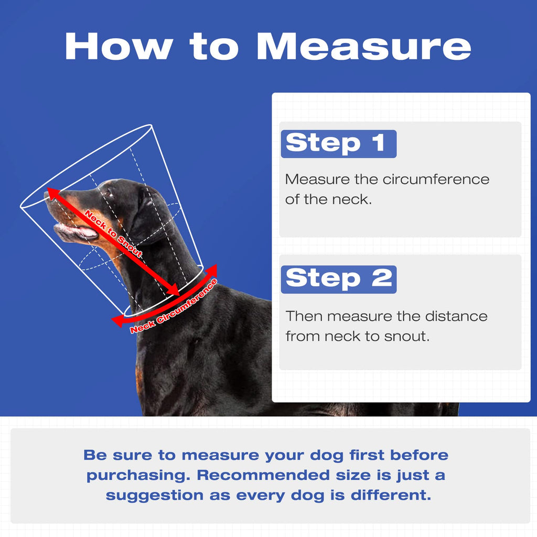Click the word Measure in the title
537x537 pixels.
point(364,47)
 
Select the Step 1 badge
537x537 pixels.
point(338,144)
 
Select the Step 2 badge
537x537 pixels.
point(338,279)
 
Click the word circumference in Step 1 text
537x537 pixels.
point(436,179)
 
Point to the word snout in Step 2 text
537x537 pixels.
point(406,336)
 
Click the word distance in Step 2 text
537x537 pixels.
point(456,316)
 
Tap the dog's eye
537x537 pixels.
point(109,194)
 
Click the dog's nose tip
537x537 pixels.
point(47,195)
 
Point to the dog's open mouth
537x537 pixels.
point(76,231)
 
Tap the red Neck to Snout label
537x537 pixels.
point(113,233)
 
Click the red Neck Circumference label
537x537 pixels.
point(174,306)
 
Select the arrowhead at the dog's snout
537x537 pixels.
point(53,193)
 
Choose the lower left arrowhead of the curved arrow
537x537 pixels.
point(118,321)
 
